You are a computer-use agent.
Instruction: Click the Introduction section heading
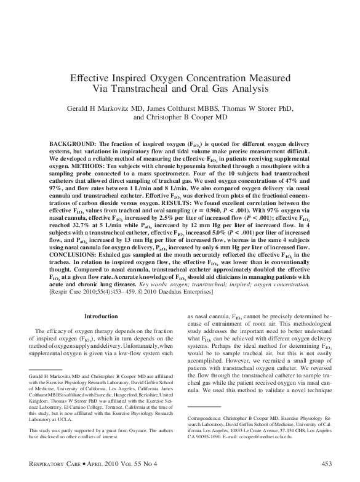click(x=100, y=318)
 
